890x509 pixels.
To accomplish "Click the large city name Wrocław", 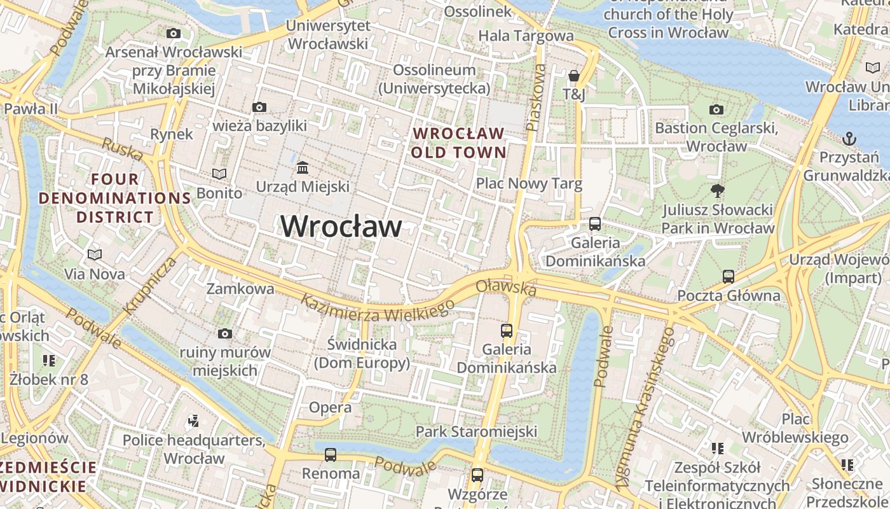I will (341, 227).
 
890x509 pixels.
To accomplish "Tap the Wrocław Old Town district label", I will (458, 143).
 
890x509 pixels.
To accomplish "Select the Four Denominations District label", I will (115, 198).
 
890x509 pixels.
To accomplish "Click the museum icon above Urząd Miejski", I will (303, 168).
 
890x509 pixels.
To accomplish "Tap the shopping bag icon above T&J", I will (574, 76).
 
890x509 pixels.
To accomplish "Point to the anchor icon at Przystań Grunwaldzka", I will (849, 139).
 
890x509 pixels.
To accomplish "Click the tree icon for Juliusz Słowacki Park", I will (718, 191).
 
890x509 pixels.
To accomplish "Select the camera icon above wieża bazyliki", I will (259, 107).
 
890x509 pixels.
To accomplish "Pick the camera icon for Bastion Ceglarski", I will (716, 109).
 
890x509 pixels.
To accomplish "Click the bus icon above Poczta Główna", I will (729, 277).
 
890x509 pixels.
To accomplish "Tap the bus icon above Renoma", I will (331, 455).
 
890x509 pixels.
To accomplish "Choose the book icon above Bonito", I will (219, 174).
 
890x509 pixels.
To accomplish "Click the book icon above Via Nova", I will (95, 255).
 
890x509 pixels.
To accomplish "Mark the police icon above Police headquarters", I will (194, 421).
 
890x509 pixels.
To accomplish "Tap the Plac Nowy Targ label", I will (529, 184).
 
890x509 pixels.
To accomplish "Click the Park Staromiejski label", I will (476, 431).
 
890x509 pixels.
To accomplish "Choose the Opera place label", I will (330, 407).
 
